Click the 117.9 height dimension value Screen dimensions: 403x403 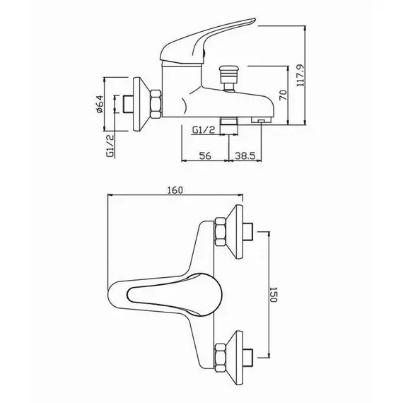(x=300, y=75)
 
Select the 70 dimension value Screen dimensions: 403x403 (x=283, y=95)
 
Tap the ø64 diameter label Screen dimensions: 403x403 (x=100, y=104)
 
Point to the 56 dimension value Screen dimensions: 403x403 (x=205, y=156)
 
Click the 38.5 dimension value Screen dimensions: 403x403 (x=245, y=156)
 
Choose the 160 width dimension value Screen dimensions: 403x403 (x=175, y=190)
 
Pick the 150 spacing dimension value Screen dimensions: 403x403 (x=274, y=295)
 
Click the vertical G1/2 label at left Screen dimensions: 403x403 (x=110, y=146)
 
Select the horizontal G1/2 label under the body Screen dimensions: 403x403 (x=204, y=130)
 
